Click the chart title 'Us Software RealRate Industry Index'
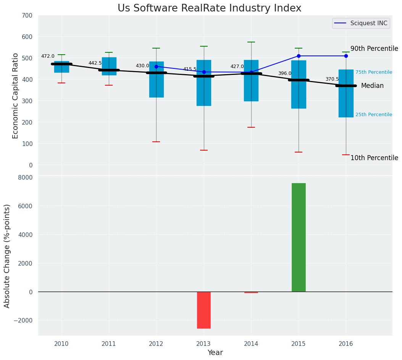click(209, 8)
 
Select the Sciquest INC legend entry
click(360, 23)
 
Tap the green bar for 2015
click(299, 237)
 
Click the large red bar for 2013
click(204, 310)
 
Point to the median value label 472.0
click(48, 56)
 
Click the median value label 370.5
click(332, 79)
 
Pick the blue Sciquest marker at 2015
click(299, 56)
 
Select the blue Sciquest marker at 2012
click(156, 66)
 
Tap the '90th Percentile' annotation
click(374, 49)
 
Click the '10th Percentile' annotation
click(374, 158)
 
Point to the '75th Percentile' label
click(373, 72)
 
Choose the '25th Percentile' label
click(373, 115)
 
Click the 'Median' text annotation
click(372, 86)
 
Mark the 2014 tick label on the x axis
click(251, 344)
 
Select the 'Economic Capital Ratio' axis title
click(16, 96)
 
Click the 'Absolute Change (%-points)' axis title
click(7, 256)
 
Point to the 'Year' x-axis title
click(215, 353)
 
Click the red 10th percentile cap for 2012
click(156, 142)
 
